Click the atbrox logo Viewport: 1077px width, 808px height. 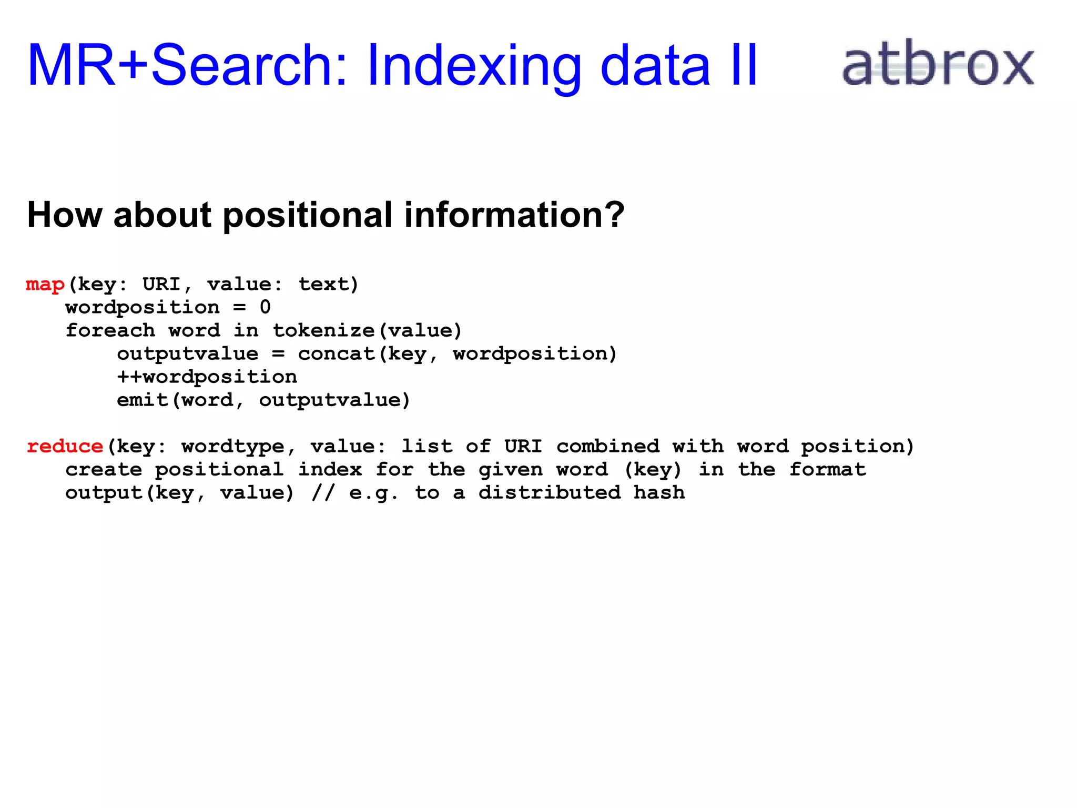(x=938, y=65)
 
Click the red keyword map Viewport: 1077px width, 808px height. (x=45, y=285)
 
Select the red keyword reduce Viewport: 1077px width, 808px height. (x=65, y=447)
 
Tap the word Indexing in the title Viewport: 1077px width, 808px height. (x=474, y=66)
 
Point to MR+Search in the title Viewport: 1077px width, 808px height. (x=187, y=66)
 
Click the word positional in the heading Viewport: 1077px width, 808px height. (x=307, y=216)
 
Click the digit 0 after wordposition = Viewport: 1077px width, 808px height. (x=265, y=307)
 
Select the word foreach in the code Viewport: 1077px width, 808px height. (x=110, y=331)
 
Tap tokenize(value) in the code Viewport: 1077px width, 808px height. (x=367, y=331)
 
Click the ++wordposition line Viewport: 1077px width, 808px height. (x=207, y=377)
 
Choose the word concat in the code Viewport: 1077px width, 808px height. (x=337, y=354)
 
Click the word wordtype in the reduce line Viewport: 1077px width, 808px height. (x=233, y=447)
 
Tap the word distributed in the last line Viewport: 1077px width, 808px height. (x=550, y=493)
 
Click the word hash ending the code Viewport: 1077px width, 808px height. (x=659, y=493)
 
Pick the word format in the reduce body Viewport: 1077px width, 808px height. (x=828, y=470)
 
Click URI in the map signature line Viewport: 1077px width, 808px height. (x=161, y=285)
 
